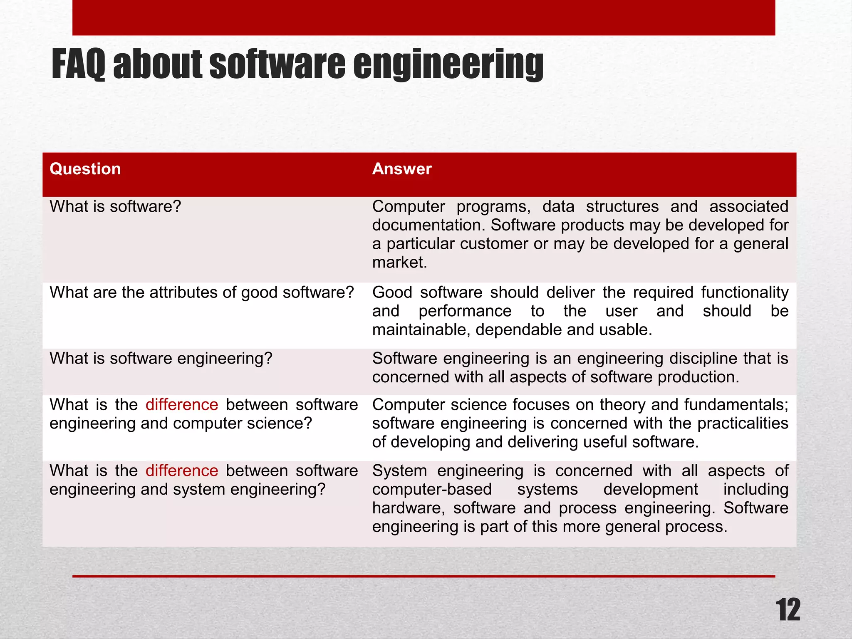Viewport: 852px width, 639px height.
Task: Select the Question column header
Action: click(85, 169)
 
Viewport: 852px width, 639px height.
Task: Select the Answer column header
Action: click(402, 169)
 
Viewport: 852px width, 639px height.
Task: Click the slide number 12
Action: click(788, 610)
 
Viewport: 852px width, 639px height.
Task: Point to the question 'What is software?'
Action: click(115, 207)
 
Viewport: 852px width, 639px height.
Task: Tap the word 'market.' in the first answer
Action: click(399, 263)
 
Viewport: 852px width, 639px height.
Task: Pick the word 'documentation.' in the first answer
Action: click(429, 225)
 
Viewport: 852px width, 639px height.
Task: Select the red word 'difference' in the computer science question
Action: click(182, 405)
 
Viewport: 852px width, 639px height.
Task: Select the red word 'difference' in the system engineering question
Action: click(182, 471)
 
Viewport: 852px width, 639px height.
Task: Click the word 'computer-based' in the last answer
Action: click(432, 490)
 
